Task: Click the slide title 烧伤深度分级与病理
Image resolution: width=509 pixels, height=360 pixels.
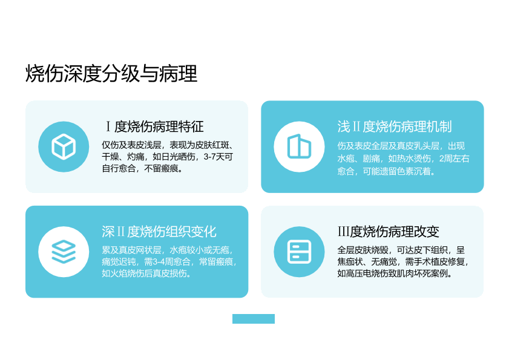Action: tap(111, 73)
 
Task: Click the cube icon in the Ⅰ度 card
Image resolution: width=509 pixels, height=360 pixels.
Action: tap(64, 147)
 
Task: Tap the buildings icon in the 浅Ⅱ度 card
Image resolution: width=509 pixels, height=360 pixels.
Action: tap(299, 146)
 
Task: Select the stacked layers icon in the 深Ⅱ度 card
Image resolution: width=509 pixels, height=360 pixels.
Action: tap(64, 252)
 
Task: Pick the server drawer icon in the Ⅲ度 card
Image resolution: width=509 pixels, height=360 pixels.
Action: tap(300, 252)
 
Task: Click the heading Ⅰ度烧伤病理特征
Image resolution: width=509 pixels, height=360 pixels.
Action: tap(154, 126)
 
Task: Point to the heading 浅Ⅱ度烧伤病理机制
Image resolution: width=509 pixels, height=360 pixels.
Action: tap(395, 126)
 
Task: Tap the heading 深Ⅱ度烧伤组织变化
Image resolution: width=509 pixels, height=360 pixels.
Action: tap(159, 232)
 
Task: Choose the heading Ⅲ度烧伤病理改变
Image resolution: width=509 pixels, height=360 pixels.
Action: tap(388, 232)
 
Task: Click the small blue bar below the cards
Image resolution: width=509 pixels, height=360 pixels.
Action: tap(254, 319)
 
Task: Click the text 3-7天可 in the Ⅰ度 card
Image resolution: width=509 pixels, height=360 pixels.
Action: tap(218, 157)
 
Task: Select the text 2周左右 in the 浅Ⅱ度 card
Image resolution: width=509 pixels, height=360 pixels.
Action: tap(455, 159)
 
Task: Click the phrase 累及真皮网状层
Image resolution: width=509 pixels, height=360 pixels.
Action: tap(131, 250)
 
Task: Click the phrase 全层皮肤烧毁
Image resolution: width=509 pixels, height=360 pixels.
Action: tap(363, 250)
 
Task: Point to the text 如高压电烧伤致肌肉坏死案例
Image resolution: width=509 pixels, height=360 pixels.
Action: tap(392, 273)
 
